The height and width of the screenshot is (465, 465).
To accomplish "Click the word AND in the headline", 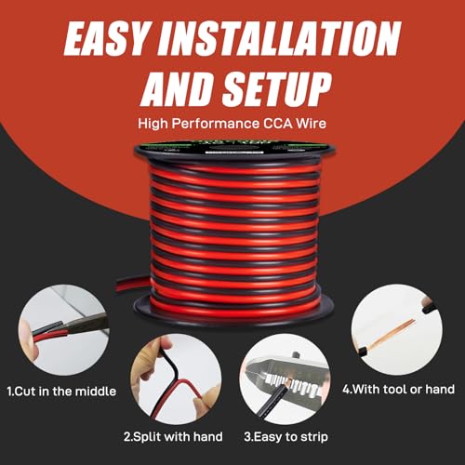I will click(173, 89).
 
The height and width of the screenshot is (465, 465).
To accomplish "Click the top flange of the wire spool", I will click(232, 149).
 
